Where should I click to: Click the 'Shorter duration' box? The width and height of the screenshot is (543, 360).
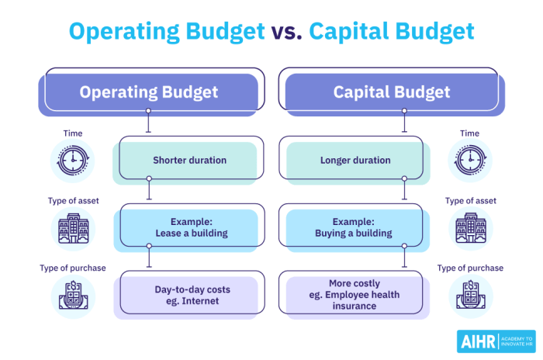tap(189, 161)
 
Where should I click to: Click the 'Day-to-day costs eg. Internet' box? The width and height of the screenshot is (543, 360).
tap(189, 295)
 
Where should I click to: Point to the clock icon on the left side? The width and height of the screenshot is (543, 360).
tap(73, 161)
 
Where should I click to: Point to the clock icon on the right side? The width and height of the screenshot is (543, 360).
tap(470, 161)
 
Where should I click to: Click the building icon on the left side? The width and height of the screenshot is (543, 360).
tap(73, 229)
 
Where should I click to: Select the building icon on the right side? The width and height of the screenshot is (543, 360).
tap(470, 229)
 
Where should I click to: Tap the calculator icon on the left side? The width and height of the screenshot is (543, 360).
tap(73, 296)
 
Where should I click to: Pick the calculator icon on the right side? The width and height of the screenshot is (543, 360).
tap(470, 296)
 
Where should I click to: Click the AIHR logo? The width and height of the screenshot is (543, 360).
tap(495, 341)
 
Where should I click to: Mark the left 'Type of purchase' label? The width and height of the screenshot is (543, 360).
tap(73, 268)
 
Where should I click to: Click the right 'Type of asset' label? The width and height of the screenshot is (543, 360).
tap(470, 201)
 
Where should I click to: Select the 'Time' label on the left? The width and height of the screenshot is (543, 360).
tap(73, 133)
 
